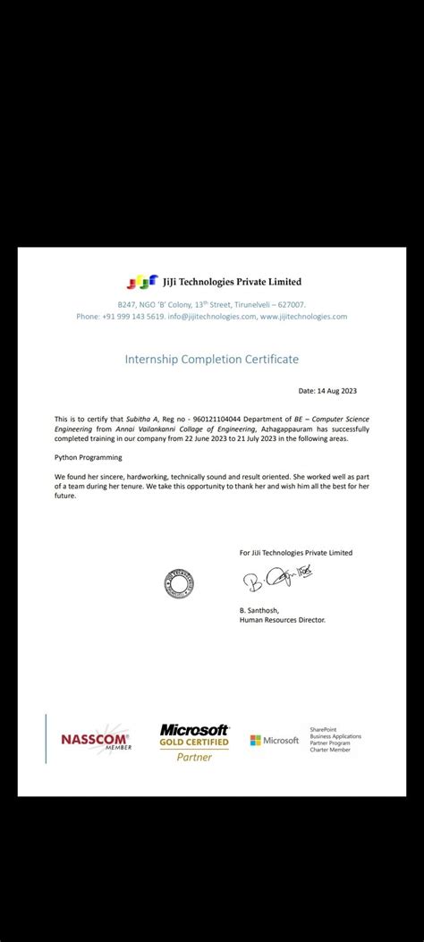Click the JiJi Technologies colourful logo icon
(x=141, y=283)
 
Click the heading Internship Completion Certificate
(x=211, y=359)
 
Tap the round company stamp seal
(x=179, y=583)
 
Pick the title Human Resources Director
(x=283, y=619)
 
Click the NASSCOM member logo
(x=96, y=740)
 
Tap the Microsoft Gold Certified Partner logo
(x=195, y=742)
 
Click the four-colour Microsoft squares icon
(x=256, y=740)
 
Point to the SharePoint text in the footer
(x=322, y=730)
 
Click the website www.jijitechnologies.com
(x=303, y=317)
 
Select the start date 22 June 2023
(x=244, y=438)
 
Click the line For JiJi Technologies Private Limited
(x=296, y=553)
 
